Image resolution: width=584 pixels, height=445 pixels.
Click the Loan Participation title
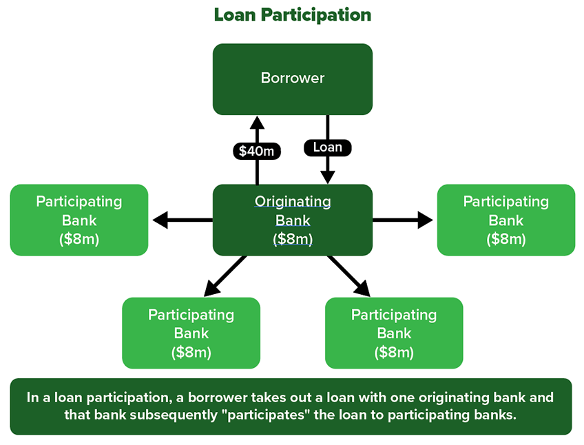292,14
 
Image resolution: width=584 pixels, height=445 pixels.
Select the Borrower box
292,79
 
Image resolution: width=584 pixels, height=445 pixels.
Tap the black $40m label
257,151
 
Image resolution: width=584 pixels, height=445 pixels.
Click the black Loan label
327,147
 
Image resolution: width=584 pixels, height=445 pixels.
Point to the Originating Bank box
292,220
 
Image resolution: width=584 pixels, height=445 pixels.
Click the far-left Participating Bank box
79,220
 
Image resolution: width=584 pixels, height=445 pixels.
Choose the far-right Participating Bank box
505,220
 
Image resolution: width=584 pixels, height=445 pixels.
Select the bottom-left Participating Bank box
191,333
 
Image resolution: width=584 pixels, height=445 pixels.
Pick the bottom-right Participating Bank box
394,333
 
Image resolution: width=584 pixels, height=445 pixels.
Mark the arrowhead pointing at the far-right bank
424,220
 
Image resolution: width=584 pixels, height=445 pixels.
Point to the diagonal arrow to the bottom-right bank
349,276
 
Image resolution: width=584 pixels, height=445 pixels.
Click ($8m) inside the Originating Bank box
292,238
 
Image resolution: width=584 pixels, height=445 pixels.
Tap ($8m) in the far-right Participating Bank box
505,239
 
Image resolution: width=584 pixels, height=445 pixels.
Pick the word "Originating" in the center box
292,201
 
